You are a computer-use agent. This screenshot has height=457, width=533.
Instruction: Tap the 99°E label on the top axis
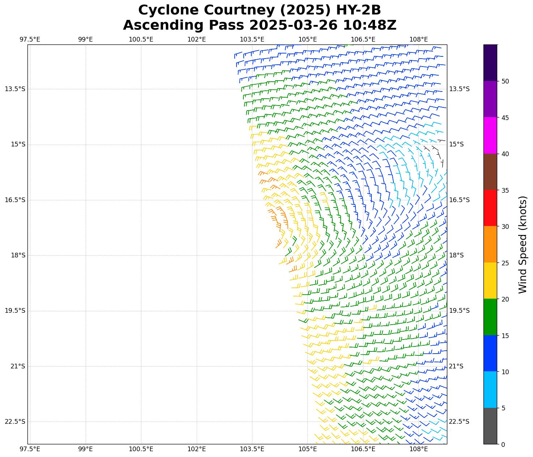tap(85, 39)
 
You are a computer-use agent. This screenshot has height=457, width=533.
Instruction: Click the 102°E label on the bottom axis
tap(197, 449)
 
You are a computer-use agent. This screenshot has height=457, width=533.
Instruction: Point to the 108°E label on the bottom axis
tap(419, 449)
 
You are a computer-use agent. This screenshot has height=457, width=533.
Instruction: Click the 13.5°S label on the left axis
tap(15, 89)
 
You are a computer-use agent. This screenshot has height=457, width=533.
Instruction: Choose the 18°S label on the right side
tap(456, 255)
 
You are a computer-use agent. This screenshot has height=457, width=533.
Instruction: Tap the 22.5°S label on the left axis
tap(15, 422)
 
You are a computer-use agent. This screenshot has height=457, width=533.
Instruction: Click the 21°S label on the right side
tap(456, 366)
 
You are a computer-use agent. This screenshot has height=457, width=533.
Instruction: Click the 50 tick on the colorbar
tap(505, 81)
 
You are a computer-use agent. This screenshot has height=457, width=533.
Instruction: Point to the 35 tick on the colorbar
tap(505, 190)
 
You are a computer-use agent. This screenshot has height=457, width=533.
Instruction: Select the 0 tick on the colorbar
tap(503, 444)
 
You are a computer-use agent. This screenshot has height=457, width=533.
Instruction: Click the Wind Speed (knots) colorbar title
tap(523, 244)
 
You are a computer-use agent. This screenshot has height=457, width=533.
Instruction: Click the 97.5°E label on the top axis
tap(30, 39)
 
